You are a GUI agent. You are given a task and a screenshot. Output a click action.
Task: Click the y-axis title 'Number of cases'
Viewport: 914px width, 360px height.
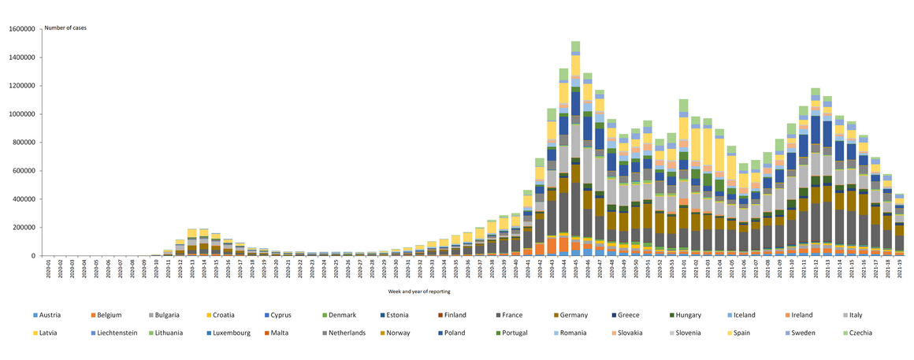coord(65,28)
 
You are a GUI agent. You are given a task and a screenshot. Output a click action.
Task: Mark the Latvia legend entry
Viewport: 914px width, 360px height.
coord(48,332)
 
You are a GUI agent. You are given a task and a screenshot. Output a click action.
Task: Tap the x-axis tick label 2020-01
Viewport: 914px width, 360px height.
coord(49,269)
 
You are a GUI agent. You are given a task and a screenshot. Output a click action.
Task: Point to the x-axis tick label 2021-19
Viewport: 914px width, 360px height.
coord(897,269)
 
